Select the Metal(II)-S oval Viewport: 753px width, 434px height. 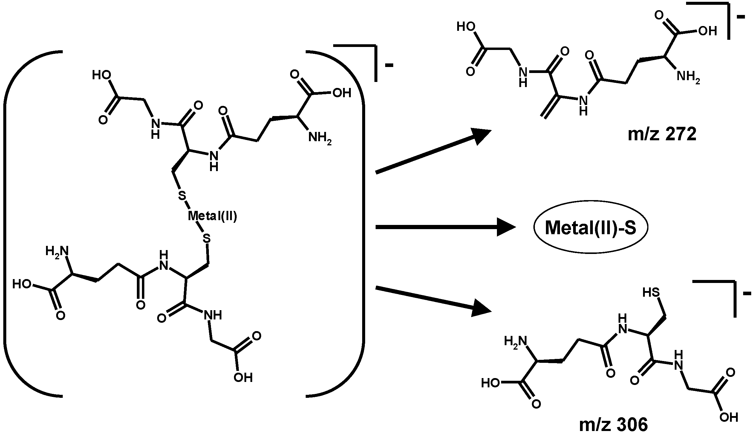point(590,228)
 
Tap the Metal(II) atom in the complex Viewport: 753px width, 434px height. point(212,216)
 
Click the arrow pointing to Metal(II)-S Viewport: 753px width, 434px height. point(445,228)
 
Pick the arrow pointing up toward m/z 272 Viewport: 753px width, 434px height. point(433,151)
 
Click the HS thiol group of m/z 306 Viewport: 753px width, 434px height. point(651,293)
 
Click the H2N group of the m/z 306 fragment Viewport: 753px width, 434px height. point(515,341)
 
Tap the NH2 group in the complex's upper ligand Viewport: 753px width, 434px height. point(319,138)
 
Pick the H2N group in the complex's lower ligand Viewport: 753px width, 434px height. point(57,251)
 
